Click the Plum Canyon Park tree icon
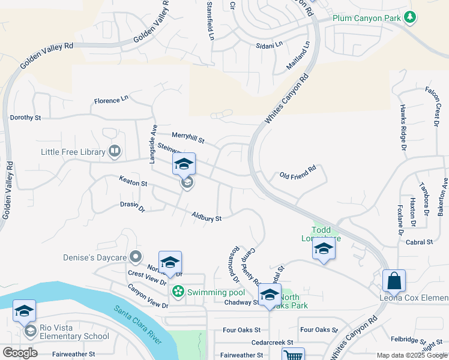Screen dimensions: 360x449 tap(410, 17)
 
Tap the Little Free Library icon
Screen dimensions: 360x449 tap(114, 152)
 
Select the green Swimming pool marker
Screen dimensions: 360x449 tap(178, 292)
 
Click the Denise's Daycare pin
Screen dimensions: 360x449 tap(136, 257)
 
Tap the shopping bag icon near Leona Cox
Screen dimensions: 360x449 tap(394, 280)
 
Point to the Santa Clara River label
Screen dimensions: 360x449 tap(137, 326)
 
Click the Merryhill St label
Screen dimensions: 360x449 tap(188, 139)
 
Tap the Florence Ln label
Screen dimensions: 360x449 tap(111, 100)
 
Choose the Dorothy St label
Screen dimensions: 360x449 tap(25, 118)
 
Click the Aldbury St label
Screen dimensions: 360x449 tap(207, 217)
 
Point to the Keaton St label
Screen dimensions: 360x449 tap(133, 181)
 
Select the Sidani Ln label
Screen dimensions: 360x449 tap(269, 45)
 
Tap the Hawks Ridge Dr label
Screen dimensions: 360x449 tap(403, 127)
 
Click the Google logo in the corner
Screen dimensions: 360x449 tap(19, 353)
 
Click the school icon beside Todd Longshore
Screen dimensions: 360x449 tap(324, 248)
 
